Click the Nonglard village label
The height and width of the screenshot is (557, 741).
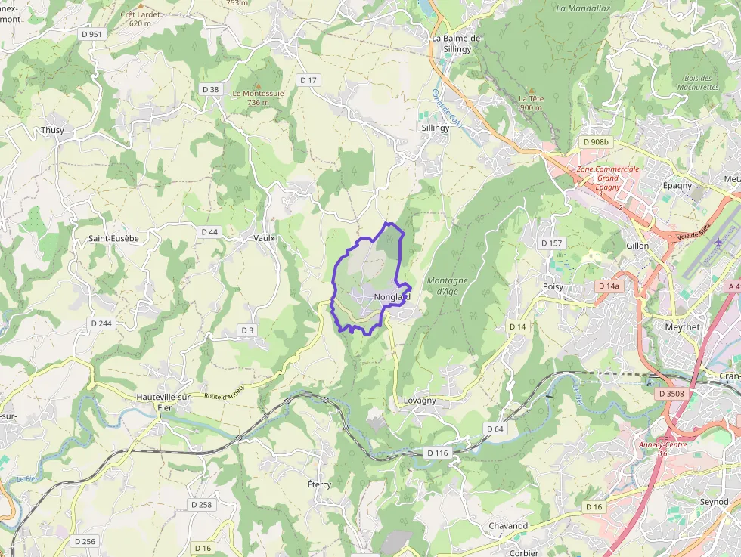(392, 297)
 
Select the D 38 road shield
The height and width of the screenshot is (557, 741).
(211, 89)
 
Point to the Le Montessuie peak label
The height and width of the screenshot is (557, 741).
(258, 97)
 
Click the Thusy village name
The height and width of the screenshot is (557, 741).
(52, 130)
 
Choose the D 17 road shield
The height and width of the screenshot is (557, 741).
(308, 80)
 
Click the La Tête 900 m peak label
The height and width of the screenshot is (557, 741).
(531, 103)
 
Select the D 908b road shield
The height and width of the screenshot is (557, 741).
(596, 142)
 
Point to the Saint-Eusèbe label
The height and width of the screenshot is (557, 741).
(113, 238)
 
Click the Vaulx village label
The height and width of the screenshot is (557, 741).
(264, 237)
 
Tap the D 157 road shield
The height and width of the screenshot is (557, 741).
(552, 243)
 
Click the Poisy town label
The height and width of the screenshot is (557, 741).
(553, 287)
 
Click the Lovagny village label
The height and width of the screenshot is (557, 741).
(420, 401)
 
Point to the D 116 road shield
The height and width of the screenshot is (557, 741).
(437, 453)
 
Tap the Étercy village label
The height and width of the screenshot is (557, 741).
(319, 484)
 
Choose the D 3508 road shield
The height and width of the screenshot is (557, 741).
(671, 394)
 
